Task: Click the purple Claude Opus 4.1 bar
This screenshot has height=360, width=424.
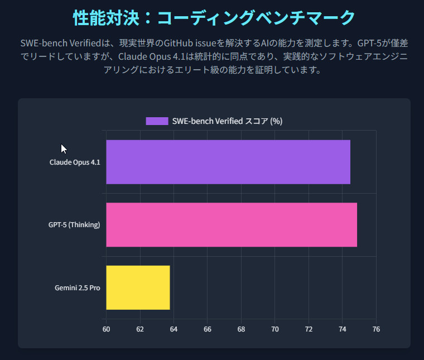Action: pos(228,162)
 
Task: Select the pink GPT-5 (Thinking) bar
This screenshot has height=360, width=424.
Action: pos(231,225)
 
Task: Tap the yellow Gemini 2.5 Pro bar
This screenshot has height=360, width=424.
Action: pos(138,287)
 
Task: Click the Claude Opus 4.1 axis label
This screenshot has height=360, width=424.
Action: pos(75,162)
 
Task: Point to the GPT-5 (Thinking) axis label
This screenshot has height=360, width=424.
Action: pos(74,225)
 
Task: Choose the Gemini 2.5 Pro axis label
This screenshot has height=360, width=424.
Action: pos(78,288)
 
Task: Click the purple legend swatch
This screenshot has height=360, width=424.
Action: pos(157,121)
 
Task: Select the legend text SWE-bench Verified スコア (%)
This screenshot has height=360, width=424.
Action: pos(227,121)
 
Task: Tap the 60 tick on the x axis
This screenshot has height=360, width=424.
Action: pos(106,329)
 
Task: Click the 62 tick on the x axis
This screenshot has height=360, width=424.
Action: pos(140,329)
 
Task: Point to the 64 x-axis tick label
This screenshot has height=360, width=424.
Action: pos(174,329)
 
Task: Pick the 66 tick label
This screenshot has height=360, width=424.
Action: pos(208,329)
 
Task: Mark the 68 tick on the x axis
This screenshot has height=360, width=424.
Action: pos(241,329)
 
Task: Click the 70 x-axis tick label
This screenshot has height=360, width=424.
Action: pos(275,329)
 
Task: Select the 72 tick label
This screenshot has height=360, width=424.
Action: pos(309,329)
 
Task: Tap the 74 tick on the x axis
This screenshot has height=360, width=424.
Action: pos(343,329)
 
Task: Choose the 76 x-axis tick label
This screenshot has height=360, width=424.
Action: pos(376,329)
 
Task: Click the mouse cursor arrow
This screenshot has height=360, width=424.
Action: pos(64,148)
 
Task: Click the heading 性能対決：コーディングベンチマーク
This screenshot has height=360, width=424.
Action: pos(214,18)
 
